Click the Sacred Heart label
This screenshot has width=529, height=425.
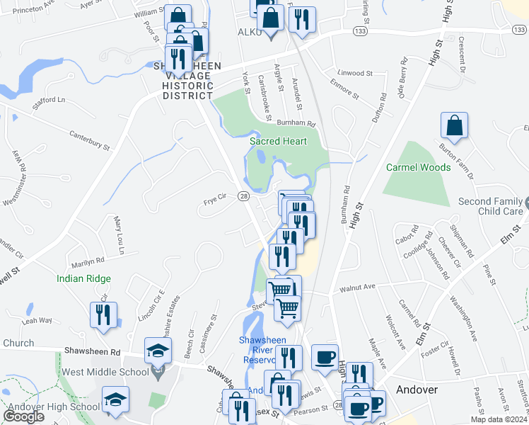pos(278,141)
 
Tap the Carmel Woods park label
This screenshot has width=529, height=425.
pos(418,168)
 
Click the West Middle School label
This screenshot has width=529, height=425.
pos(115,372)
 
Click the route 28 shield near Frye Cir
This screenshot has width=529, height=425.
pos(243,195)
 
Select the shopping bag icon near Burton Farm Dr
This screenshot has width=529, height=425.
pos(454,125)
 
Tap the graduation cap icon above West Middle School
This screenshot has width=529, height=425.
pos(158,350)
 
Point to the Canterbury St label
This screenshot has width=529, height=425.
pos(90,139)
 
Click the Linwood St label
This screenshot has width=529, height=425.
pos(354,73)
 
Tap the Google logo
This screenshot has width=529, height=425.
pos(24,416)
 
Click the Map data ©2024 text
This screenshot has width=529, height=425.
pos(499,419)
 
